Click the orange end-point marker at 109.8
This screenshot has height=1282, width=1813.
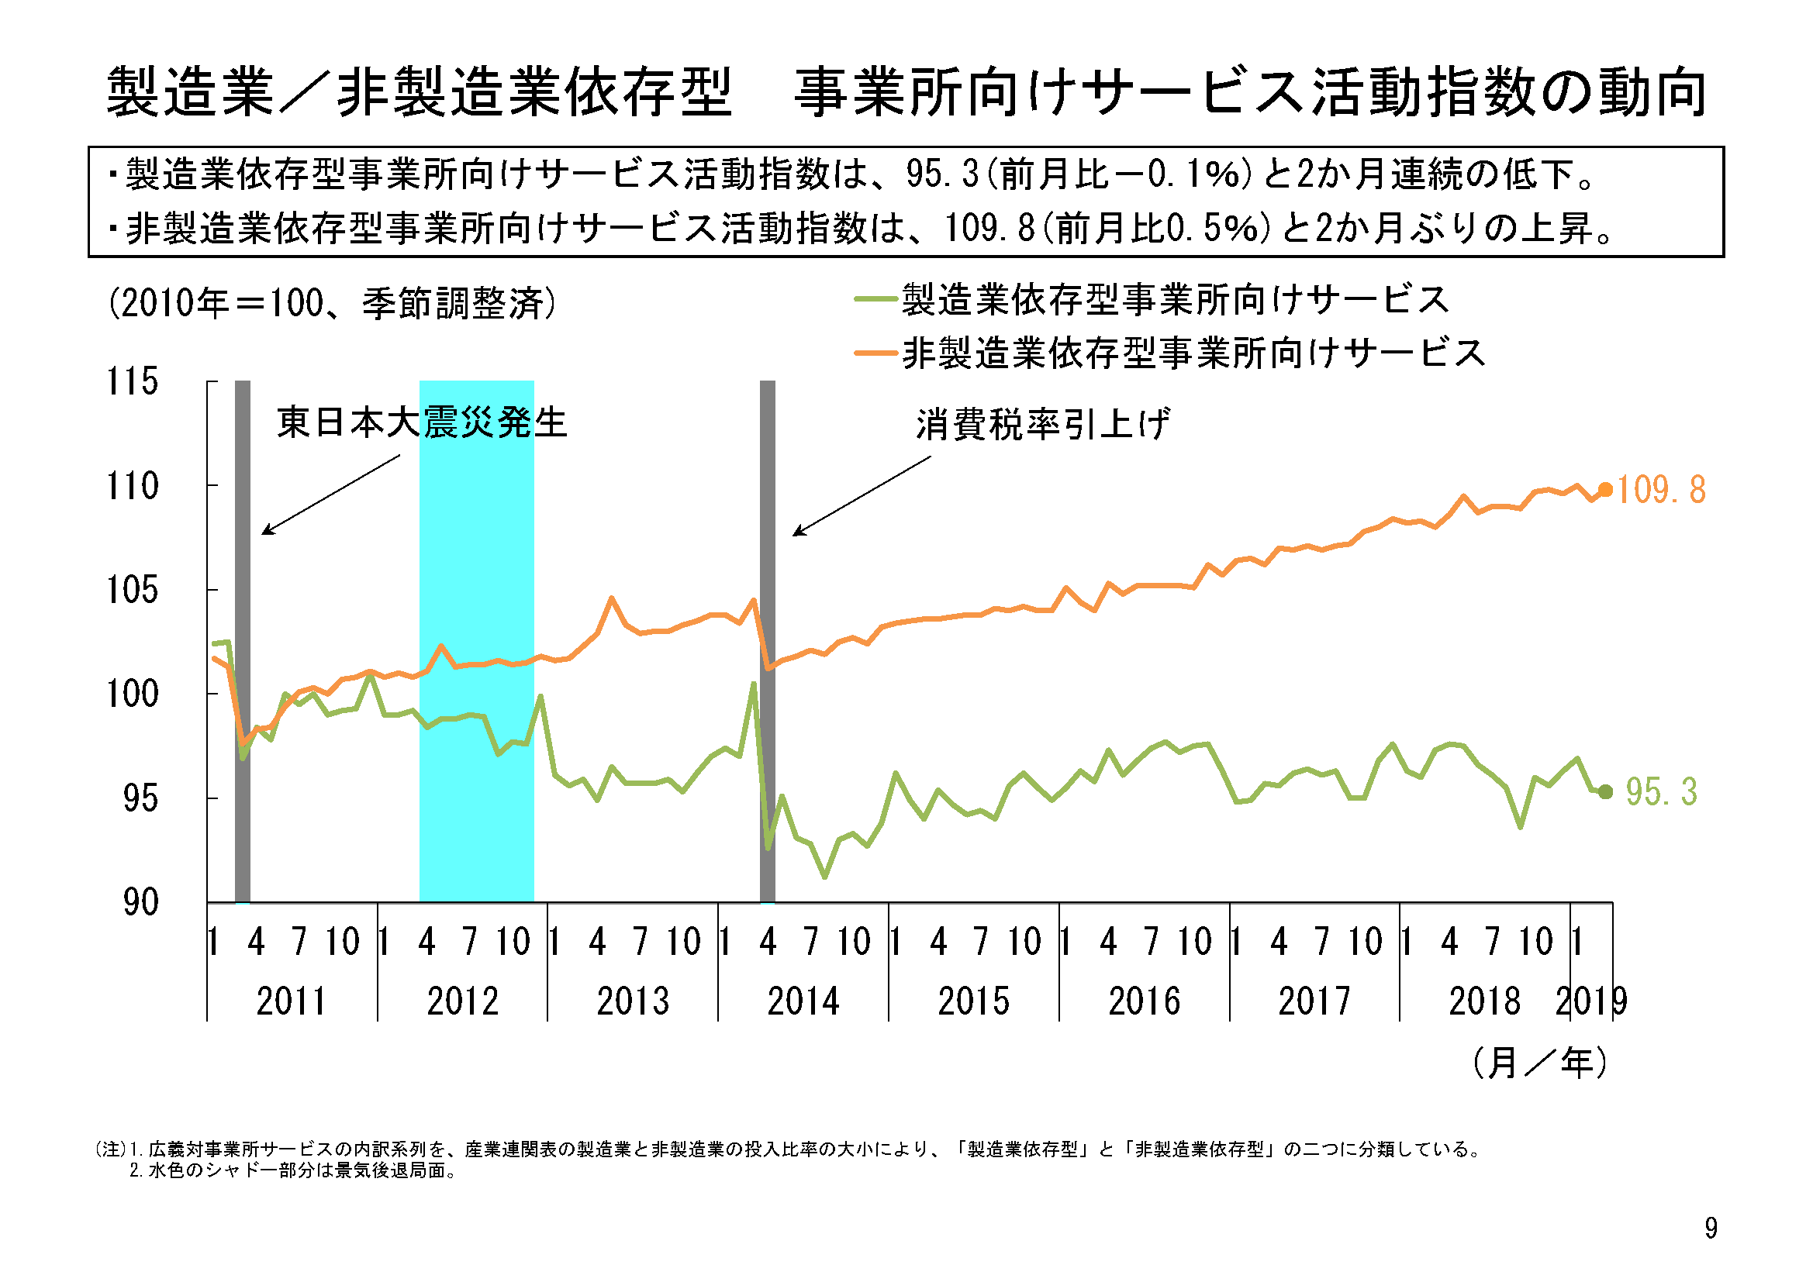coord(1605,490)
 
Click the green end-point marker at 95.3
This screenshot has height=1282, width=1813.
coord(1605,792)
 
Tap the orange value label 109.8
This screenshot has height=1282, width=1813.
coord(1660,490)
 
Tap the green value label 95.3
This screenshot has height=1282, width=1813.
coord(1660,792)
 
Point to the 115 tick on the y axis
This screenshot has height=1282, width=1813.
coord(132,382)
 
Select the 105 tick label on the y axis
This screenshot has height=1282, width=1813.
coord(132,591)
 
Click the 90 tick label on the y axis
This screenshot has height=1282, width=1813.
coord(140,902)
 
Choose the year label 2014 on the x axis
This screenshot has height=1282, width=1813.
coord(803,1001)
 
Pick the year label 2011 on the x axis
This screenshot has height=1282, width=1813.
coord(292,1001)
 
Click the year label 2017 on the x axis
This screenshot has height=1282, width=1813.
coord(1314,1001)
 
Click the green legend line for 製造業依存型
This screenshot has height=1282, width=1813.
coord(875,299)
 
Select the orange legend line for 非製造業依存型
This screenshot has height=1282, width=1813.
coord(875,353)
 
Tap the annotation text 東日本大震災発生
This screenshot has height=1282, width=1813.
coord(422,422)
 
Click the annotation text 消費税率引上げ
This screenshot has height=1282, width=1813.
coord(1042,425)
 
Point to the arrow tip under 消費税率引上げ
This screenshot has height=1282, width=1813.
coord(794,536)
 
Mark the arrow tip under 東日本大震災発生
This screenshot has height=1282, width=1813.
coord(264,533)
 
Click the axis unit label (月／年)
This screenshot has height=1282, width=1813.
coord(1539,1063)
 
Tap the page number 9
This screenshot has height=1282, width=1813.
coord(1711,1229)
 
